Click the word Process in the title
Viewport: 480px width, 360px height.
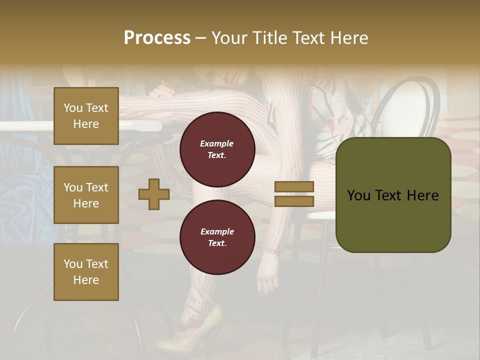point(157,37)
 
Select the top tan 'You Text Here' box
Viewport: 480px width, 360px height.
point(86,116)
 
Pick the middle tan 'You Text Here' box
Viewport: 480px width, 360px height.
point(86,195)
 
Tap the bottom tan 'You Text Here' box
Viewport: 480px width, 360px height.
point(86,272)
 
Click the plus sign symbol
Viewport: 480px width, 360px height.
point(154,194)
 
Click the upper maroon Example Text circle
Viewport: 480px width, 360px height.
point(217,149)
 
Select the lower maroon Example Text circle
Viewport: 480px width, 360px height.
point(217,237)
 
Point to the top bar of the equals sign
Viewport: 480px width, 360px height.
point(294,186)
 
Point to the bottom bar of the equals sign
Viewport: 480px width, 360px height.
point(294,201)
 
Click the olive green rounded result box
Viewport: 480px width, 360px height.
point(393,195)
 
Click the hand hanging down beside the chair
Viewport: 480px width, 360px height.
point(267,280)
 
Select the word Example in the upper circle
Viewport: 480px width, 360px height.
point(217,143)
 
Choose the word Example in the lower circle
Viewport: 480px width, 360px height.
point(217,231)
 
